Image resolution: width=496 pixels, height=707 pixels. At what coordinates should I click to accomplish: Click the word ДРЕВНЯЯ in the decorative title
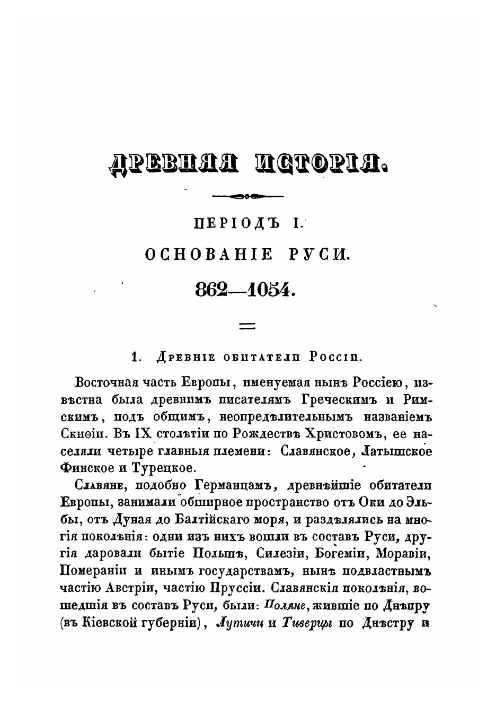coord(173,163)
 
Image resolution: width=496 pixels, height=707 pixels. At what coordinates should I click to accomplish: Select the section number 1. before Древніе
coord(136,358)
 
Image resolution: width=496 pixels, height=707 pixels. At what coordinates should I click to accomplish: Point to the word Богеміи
coord(343,554)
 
